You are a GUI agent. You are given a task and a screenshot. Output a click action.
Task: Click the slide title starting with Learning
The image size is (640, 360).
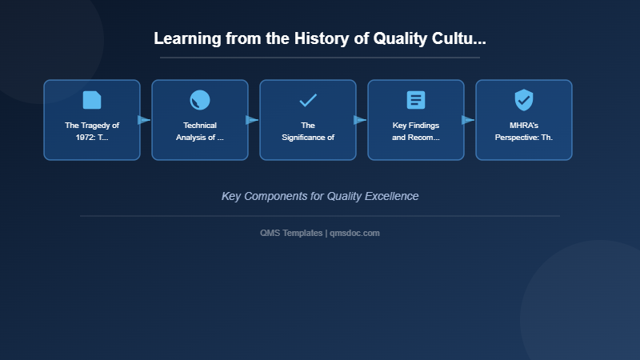pos(319,38)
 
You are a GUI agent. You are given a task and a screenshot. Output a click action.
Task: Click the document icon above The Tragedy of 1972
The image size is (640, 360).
pos(92,100)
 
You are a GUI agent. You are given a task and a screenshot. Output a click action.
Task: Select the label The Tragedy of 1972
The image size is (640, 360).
pos(92,131)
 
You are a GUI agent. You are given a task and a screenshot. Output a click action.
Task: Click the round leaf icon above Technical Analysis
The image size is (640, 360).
pos(200,100)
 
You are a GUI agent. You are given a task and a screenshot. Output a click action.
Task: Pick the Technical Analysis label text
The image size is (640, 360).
pos(200,131)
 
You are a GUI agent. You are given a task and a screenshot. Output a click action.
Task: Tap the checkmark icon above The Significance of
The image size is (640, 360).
pos(308,100)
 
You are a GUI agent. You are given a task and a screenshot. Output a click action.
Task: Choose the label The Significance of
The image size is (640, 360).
pos(308,131)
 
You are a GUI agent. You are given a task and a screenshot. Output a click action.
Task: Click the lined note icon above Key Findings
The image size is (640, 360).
pos(416,100)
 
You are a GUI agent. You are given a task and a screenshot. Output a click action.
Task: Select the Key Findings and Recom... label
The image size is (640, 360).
pos(416,131)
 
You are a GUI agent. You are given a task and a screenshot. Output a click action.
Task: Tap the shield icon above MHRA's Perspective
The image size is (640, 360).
pos(524,100)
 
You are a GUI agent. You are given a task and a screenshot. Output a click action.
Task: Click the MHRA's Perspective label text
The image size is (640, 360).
pos(524,131)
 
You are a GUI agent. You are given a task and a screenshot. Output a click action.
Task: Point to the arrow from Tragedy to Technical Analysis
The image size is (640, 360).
pos(145,120)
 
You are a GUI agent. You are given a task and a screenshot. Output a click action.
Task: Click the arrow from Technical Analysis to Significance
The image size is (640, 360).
pos(253,120)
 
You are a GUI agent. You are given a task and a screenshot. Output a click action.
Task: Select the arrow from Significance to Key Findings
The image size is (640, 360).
pos(361,120)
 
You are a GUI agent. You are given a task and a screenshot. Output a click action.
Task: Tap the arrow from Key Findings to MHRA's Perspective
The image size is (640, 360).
pos(469,120)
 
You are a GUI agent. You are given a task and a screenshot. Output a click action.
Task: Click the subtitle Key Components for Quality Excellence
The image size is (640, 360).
pos(320,196)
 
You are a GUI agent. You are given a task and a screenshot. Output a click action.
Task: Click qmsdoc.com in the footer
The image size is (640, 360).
pos(354,233)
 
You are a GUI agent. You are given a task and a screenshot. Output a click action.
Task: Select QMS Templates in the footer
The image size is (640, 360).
pos(291,233)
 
